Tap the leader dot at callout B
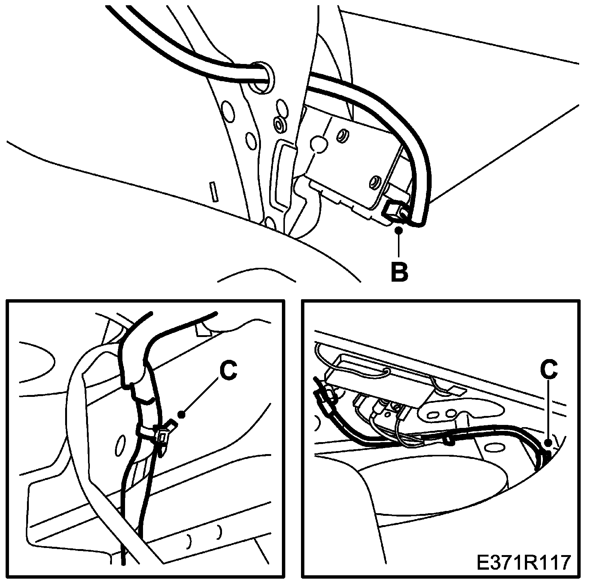399,230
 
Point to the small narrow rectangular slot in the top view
214,192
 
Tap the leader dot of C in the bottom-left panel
182,414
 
